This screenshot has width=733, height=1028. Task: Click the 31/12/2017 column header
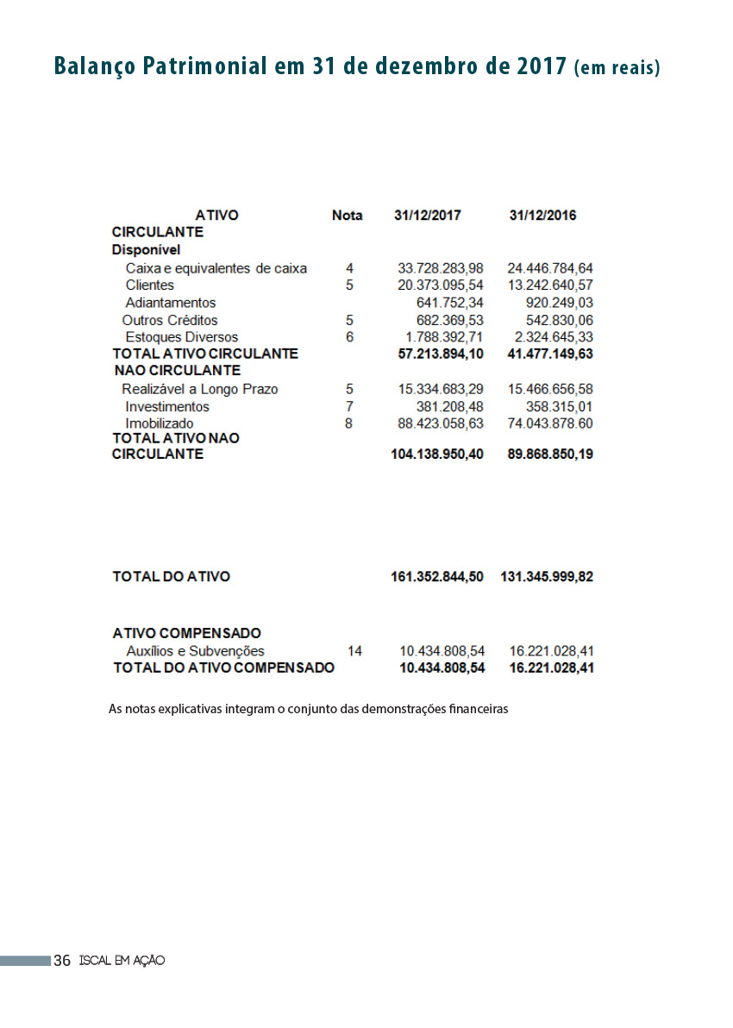click(427, 216)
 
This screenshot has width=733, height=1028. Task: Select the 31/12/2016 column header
click(542, 216)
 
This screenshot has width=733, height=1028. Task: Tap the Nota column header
click(347, 216)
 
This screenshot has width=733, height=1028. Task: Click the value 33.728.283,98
click(440, 268)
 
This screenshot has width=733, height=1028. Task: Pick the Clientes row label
click(149, 285)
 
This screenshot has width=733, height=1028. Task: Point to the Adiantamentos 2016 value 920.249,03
click(559, 303)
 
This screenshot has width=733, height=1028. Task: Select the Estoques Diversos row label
click(181, 337)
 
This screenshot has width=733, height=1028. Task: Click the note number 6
click(349, 337)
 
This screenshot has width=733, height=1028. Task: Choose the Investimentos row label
click(166, 406)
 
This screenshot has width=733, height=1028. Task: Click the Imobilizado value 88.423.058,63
click(440, 423)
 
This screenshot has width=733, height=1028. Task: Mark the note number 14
click(354, 651)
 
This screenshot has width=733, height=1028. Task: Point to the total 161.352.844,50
click(436, 577)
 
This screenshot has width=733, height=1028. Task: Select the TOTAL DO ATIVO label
click(171, 577)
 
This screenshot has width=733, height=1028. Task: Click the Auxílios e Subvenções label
click(195, 651)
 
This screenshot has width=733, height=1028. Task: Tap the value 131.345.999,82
click(547, 577)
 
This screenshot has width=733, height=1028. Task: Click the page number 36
click(62, 961)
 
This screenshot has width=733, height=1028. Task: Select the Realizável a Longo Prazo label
click(199, 389)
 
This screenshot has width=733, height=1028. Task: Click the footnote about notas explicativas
click(308, 710)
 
